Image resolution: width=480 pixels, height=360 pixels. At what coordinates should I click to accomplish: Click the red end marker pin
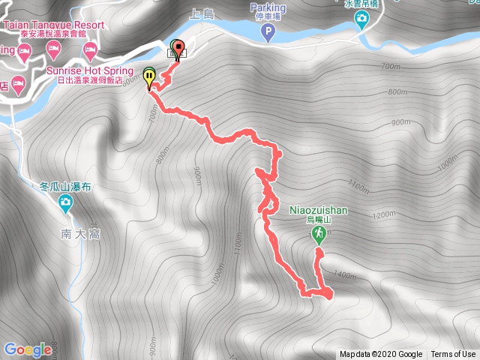tap(178, 49)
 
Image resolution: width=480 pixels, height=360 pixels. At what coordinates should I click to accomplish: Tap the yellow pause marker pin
tap(149, 76)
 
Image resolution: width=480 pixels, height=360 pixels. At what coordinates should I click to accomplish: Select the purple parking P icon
tap(269, 32)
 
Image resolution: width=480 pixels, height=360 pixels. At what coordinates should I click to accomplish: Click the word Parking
tap(268, 7)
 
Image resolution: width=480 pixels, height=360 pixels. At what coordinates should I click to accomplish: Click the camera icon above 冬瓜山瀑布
tap(65, 202)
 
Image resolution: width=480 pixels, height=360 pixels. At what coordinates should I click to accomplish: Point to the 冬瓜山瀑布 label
tap(65, 186)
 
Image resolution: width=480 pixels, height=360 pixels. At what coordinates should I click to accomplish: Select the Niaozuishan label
tap(318, 210)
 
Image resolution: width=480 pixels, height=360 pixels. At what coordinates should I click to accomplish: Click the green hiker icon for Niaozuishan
tap(319, 235)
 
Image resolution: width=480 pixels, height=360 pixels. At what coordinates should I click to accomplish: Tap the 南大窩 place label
tap(81, 234)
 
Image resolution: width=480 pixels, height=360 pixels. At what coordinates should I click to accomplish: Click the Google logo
tap(27, 349)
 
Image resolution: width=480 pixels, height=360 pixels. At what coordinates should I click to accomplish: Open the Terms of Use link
tap(453, 355)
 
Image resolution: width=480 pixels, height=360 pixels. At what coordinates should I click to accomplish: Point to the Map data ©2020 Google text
tap(381, 355)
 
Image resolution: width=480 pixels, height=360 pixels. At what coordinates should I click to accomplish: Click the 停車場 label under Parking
tap(268, 17)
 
